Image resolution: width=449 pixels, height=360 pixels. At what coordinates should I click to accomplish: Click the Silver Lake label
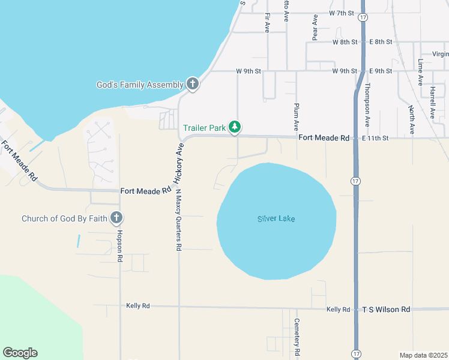[276, 218]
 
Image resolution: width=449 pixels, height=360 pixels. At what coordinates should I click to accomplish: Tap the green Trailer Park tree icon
[237, 127]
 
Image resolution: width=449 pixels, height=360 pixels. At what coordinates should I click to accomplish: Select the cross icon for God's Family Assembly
[193, 84]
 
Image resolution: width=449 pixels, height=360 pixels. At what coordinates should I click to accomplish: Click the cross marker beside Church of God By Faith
[116, 218]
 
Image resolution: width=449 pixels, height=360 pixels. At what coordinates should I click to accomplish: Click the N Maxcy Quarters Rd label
[178, 221]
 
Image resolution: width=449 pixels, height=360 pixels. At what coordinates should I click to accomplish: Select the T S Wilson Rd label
[386, 309]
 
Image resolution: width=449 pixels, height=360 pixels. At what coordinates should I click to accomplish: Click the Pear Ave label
[315, 27]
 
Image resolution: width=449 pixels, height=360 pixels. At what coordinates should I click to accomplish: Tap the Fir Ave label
[267, 23]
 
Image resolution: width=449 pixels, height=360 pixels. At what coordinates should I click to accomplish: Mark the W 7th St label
[343, 13]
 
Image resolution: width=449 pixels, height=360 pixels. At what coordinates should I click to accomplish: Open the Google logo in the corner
[20, 353]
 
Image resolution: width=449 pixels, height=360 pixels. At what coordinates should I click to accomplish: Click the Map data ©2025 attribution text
[423, 355]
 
